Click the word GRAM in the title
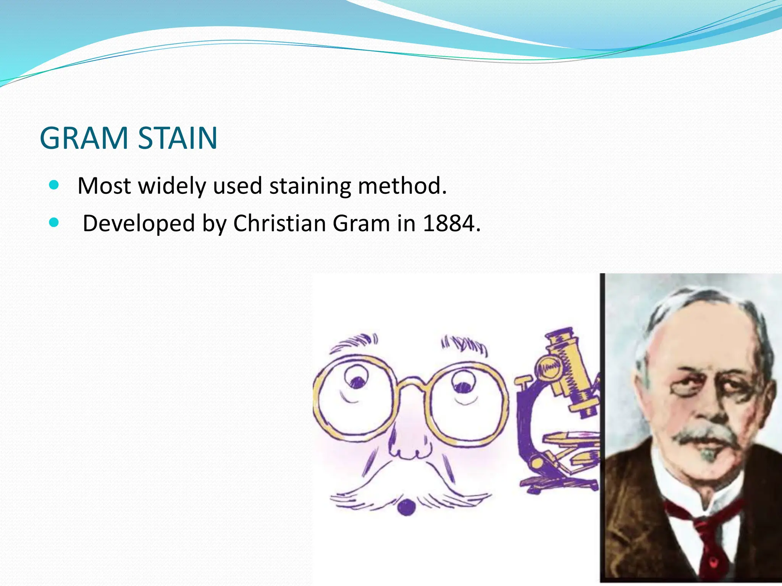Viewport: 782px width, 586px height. pyautogui.click(x=84, y=138)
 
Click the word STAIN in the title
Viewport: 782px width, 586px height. pyautogui.click(x=178, y=138)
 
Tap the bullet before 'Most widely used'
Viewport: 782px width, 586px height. pyautogui.click(x=54, y=185)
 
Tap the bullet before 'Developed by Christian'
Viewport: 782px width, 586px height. pyautogui.click(x=54, y=222)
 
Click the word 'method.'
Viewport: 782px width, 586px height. pyautogui.click(x=402, y=186)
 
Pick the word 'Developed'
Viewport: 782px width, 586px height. pyautogui.click(x=139, y=224)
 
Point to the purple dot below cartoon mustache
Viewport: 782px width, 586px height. pyautogui.click(x=406, y=507)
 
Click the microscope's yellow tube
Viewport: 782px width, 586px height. pyautogui.click(x=569, y=370)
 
